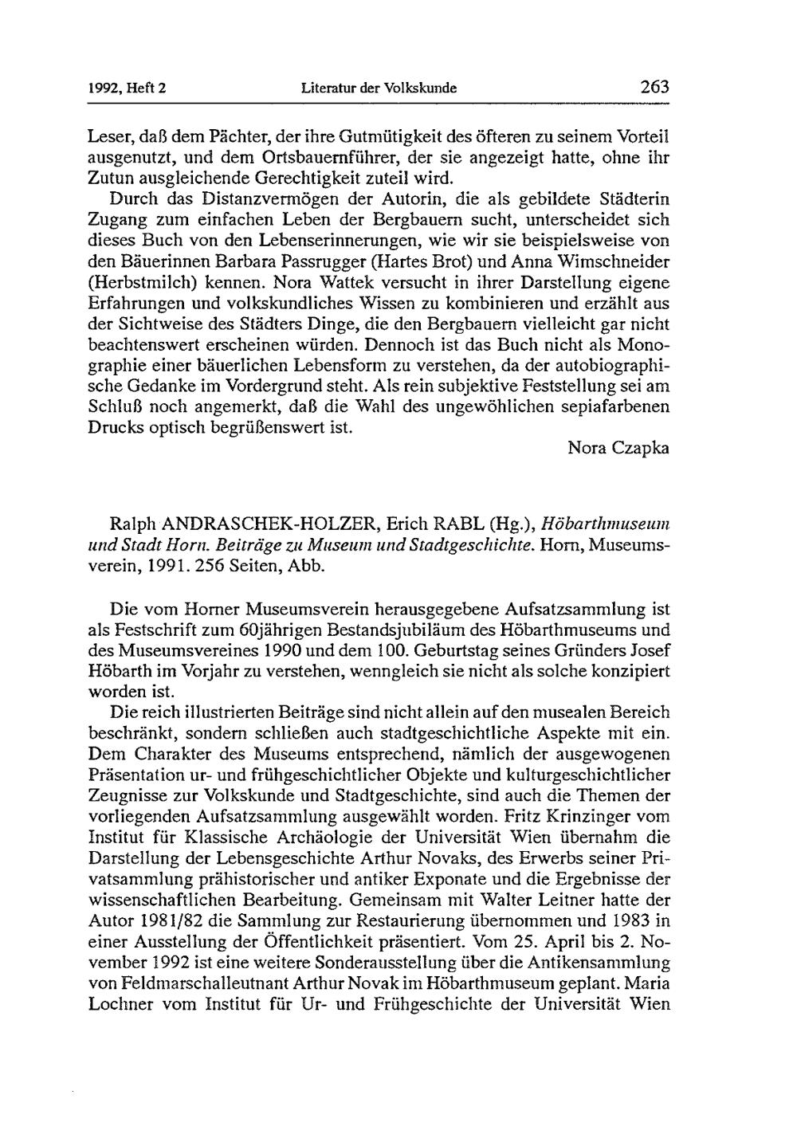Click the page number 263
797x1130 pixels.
[653, 87]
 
